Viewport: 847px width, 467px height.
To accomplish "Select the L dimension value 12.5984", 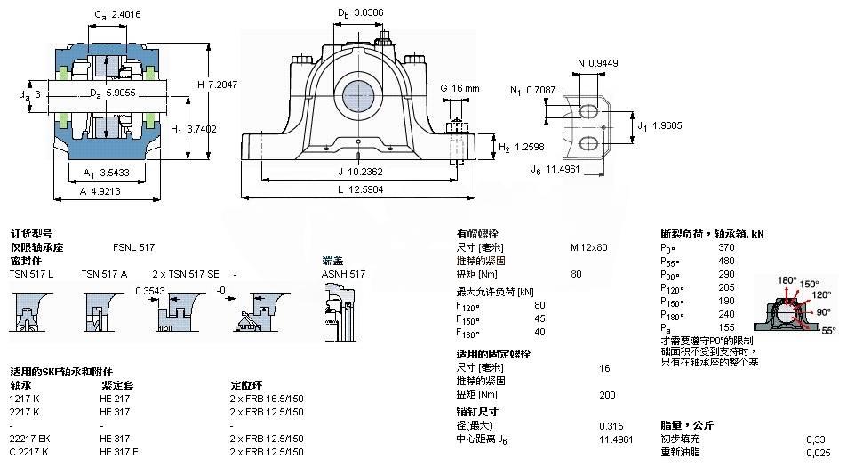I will point(366,189).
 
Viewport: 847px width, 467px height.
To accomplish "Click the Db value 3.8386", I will point(369,13).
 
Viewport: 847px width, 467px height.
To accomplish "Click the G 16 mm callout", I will point(459,88).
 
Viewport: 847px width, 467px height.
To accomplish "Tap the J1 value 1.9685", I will point(666,125).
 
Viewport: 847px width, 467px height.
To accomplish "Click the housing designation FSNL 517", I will point(133,246).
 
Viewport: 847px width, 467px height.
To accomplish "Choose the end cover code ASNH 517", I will point(343,274).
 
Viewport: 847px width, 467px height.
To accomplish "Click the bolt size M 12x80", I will point(588,246).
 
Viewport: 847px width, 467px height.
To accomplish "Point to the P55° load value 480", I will point(726,261).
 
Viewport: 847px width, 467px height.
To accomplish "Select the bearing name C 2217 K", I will point(29,452).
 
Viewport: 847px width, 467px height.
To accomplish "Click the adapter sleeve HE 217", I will point(116,399).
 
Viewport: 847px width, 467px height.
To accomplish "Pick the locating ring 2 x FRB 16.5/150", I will point(267,399).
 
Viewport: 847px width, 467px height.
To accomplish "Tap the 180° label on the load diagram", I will point(787,280).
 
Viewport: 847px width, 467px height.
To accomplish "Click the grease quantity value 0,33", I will point(814,439).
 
